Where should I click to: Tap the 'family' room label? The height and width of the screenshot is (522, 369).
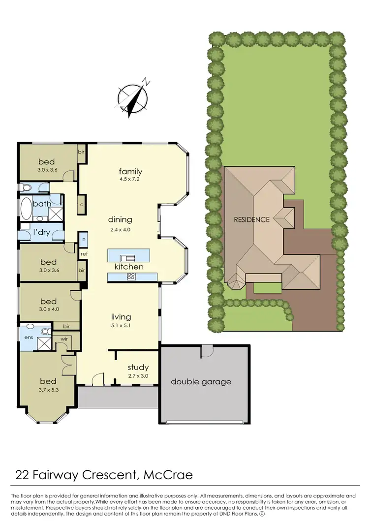[x=130, y=171]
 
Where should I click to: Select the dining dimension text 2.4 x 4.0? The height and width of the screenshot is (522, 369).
[x=120, y=229]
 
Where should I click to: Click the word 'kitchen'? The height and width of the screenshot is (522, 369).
[x=129, y=267]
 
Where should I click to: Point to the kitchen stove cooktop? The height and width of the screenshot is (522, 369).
[x=131, y=276]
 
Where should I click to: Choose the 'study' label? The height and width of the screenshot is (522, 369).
[x=138, y=367]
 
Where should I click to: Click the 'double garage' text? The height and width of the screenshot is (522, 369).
[x=201, y=381]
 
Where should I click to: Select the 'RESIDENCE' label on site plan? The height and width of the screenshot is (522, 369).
[x=251, y=219]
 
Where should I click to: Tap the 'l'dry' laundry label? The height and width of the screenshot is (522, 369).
[x=41, y=232]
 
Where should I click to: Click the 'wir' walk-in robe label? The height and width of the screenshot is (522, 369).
[x=64, y=338]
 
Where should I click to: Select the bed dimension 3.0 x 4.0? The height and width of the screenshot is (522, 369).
[x=49, y=309]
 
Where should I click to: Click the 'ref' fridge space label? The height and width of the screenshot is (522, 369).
[x=84, y=254]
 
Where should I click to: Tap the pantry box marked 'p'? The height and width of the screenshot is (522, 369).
[x=84, y=239]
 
